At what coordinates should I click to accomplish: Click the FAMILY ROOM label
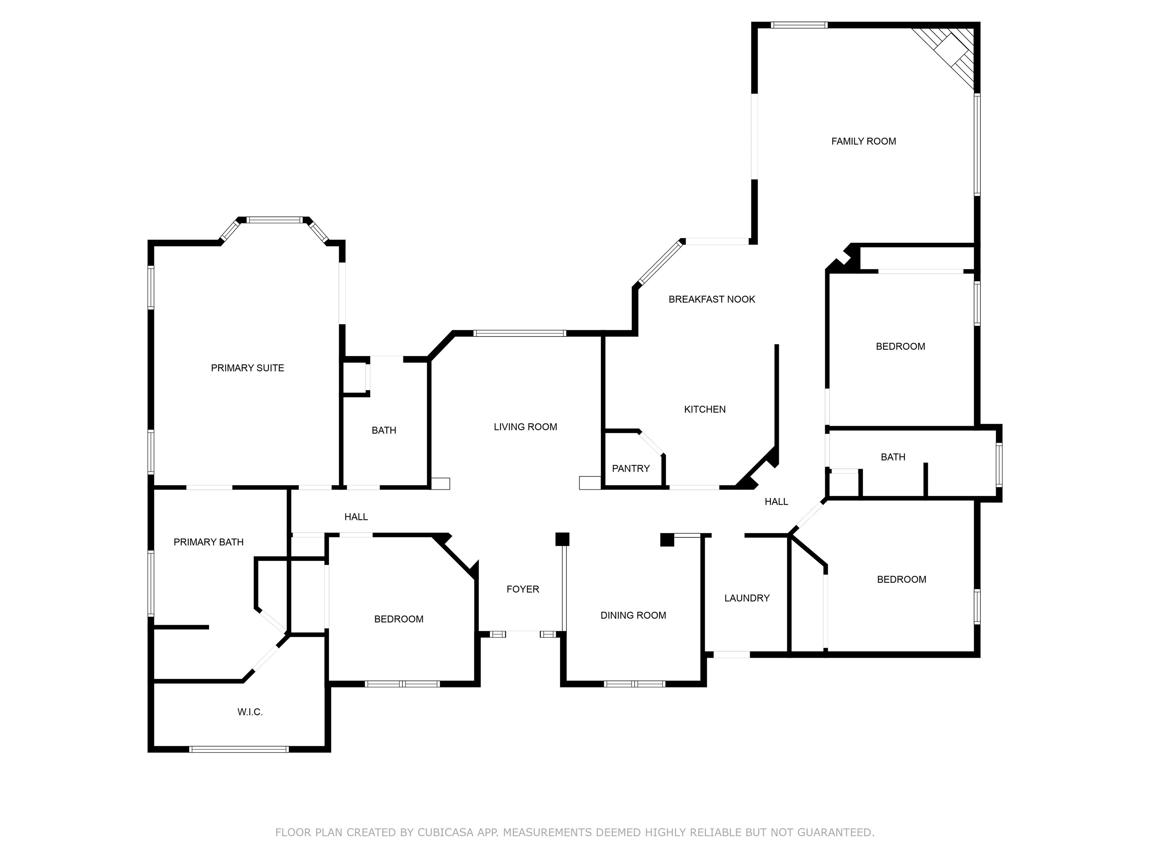[864, 141]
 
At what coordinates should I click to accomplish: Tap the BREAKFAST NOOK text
[712, 299]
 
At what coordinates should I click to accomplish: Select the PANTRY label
[631, 469]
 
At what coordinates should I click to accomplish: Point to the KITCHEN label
[705, 409]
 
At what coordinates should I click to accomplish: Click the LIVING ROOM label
[525, 427]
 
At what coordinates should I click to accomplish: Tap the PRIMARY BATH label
[209, 542]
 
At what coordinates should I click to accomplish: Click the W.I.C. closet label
[250, 712]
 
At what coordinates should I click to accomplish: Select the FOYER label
[523, 589]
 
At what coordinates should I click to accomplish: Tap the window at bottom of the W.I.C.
[238, 749]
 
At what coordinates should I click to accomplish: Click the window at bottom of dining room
[634, 684]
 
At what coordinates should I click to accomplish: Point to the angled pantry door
[651, 443]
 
